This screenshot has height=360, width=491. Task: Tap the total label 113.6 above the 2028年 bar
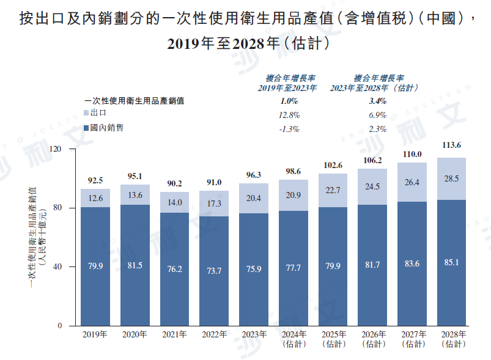coord(451,145)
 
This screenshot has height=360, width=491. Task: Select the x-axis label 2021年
coord(174,334)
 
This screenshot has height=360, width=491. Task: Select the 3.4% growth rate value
coord(378,101)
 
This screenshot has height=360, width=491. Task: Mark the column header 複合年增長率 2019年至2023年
coord(290,83)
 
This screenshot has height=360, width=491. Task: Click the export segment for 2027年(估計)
coord(412,182)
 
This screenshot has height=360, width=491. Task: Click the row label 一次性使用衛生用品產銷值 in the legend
coord(134,101)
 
